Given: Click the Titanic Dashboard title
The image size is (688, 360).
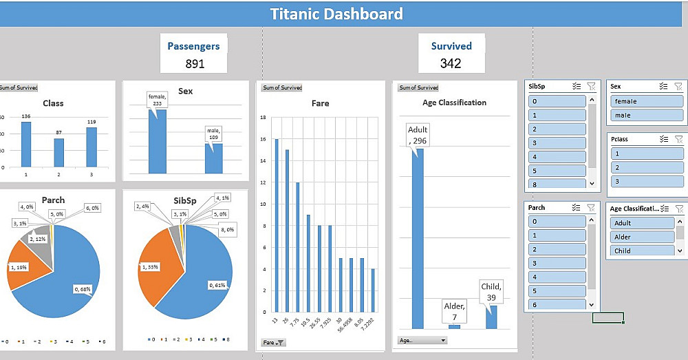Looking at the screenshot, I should click(336, 14).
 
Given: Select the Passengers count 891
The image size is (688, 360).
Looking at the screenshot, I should click(195, 63).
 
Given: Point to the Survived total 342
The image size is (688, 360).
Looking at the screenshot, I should click(451, 63).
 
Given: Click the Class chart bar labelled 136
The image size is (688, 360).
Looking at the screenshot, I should click(26, 145).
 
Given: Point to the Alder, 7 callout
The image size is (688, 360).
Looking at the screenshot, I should click(454, 311).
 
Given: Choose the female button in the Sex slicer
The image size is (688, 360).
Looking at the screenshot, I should click(639, 101).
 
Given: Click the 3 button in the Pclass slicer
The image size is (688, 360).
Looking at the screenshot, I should click(639, 181).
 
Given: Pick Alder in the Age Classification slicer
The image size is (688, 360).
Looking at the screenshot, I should click(641, 237).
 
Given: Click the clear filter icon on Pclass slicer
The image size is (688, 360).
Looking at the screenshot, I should click(678, 139).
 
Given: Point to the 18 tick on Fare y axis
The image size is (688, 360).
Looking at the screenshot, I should click(263, 118).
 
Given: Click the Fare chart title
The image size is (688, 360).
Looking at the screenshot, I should click(320, 103).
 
